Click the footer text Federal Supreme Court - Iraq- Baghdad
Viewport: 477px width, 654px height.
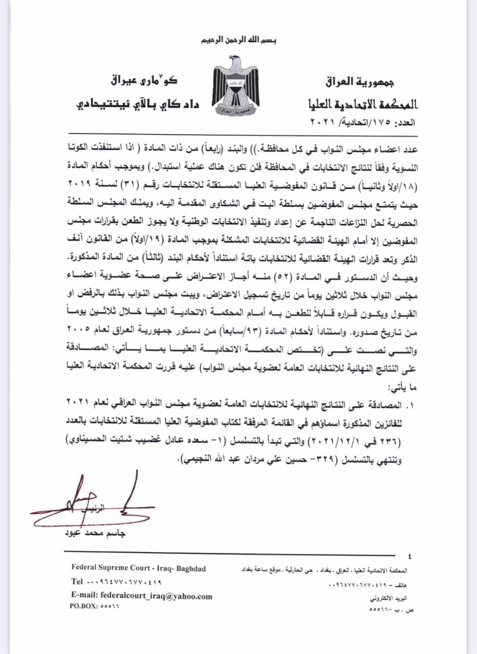pos(139,569)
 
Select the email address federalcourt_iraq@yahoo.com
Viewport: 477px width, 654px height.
pos(141,596)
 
